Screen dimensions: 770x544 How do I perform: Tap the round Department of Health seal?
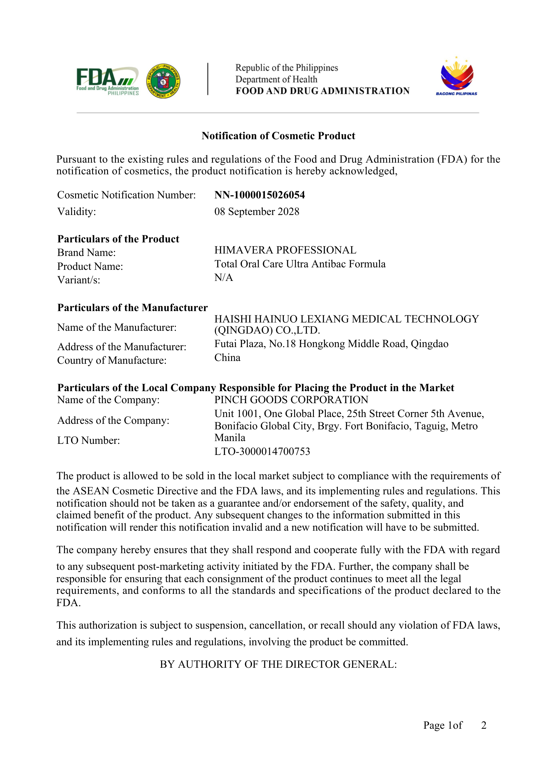[x=163, y=81]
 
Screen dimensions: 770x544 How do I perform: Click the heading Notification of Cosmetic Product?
[x=278, y=136]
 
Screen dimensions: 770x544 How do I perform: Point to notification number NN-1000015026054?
[x=260, y=195]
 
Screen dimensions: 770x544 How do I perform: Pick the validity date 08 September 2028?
[x=257, y=212]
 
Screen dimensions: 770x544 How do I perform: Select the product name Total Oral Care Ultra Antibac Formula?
[x=300, y=264]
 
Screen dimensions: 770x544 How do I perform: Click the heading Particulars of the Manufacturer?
[x=132, y=307]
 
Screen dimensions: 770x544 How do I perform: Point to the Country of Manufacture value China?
[x=227, y=358]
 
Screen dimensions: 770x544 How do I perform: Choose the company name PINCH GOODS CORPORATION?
[x=291, y=400]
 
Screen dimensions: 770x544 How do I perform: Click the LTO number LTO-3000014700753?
[x=262, y=452]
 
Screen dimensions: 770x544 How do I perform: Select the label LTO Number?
[x=88, y=440]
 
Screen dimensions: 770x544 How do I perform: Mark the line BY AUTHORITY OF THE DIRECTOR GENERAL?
[x=278, y=664]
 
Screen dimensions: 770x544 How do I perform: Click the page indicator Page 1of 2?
[x=454, y=725]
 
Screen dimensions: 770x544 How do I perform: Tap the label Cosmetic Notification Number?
[x=126, y=195]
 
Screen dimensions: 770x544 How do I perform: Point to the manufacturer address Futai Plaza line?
[x=331, y=344]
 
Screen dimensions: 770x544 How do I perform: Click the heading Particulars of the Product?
[x=118, y=239]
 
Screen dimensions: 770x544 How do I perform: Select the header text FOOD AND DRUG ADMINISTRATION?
[x=322, y=91]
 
